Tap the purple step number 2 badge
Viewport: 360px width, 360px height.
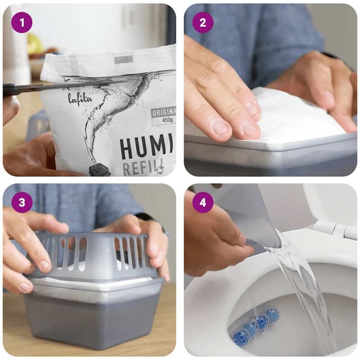pyautogui.click(x=203, y=22)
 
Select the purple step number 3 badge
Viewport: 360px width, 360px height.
pyautogui.click(x=22, y=203)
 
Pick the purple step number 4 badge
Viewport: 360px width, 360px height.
pyautogui.click(x=203, y=203)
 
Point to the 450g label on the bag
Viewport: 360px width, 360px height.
pyautogui.click(x=163, y=120)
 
